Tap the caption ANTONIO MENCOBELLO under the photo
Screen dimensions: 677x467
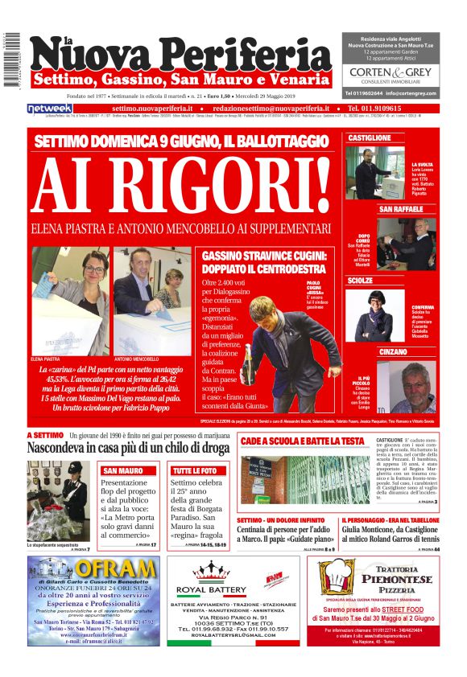(134, 358)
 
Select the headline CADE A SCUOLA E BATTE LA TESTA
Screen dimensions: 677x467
(303, 441)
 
